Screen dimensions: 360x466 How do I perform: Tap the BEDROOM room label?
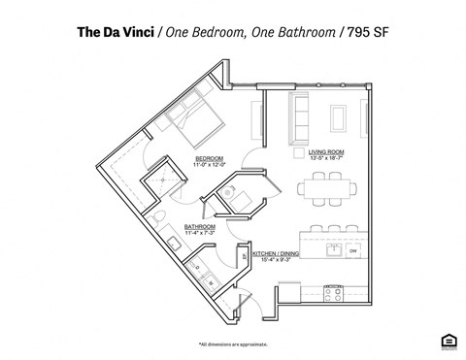[210, 158]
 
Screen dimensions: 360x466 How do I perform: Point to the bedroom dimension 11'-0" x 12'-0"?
[210, 165]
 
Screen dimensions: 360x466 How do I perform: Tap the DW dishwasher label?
[353, 251]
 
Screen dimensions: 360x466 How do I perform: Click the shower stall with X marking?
[160, 180]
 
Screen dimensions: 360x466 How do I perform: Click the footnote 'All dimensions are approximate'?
[233, 344]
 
